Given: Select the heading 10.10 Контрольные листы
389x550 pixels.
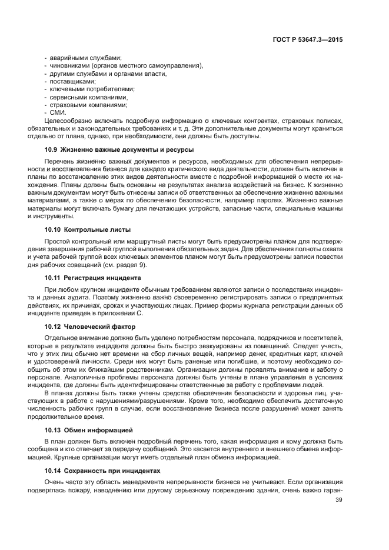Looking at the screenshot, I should (88, 229).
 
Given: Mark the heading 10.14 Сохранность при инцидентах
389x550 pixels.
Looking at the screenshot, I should (102, 471).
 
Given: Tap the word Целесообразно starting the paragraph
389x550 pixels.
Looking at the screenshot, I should (64, 121).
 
